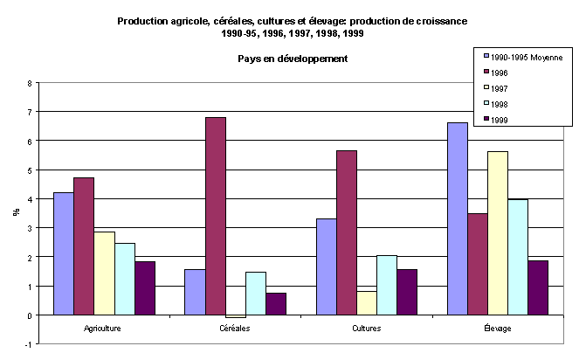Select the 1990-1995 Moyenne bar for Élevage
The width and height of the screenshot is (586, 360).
(x=457, y=218)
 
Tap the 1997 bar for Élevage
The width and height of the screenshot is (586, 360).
(x=498, y=232)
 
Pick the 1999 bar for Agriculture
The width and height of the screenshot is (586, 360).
(x=145, y=287)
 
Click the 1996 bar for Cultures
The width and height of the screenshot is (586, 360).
(x=346, y=232)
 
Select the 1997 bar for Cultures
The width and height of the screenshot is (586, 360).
(x=366, y=302)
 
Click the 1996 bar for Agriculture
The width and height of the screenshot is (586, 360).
(x=84, y=246)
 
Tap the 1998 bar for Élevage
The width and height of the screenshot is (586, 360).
(x=518, y=257)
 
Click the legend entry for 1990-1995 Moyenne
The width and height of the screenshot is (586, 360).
(x=521, y=57)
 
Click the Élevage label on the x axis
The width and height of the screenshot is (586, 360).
(x=497, y=329)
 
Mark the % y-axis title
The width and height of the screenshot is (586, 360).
(x=14, y=212)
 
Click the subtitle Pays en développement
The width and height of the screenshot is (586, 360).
(x=293, y=59)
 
